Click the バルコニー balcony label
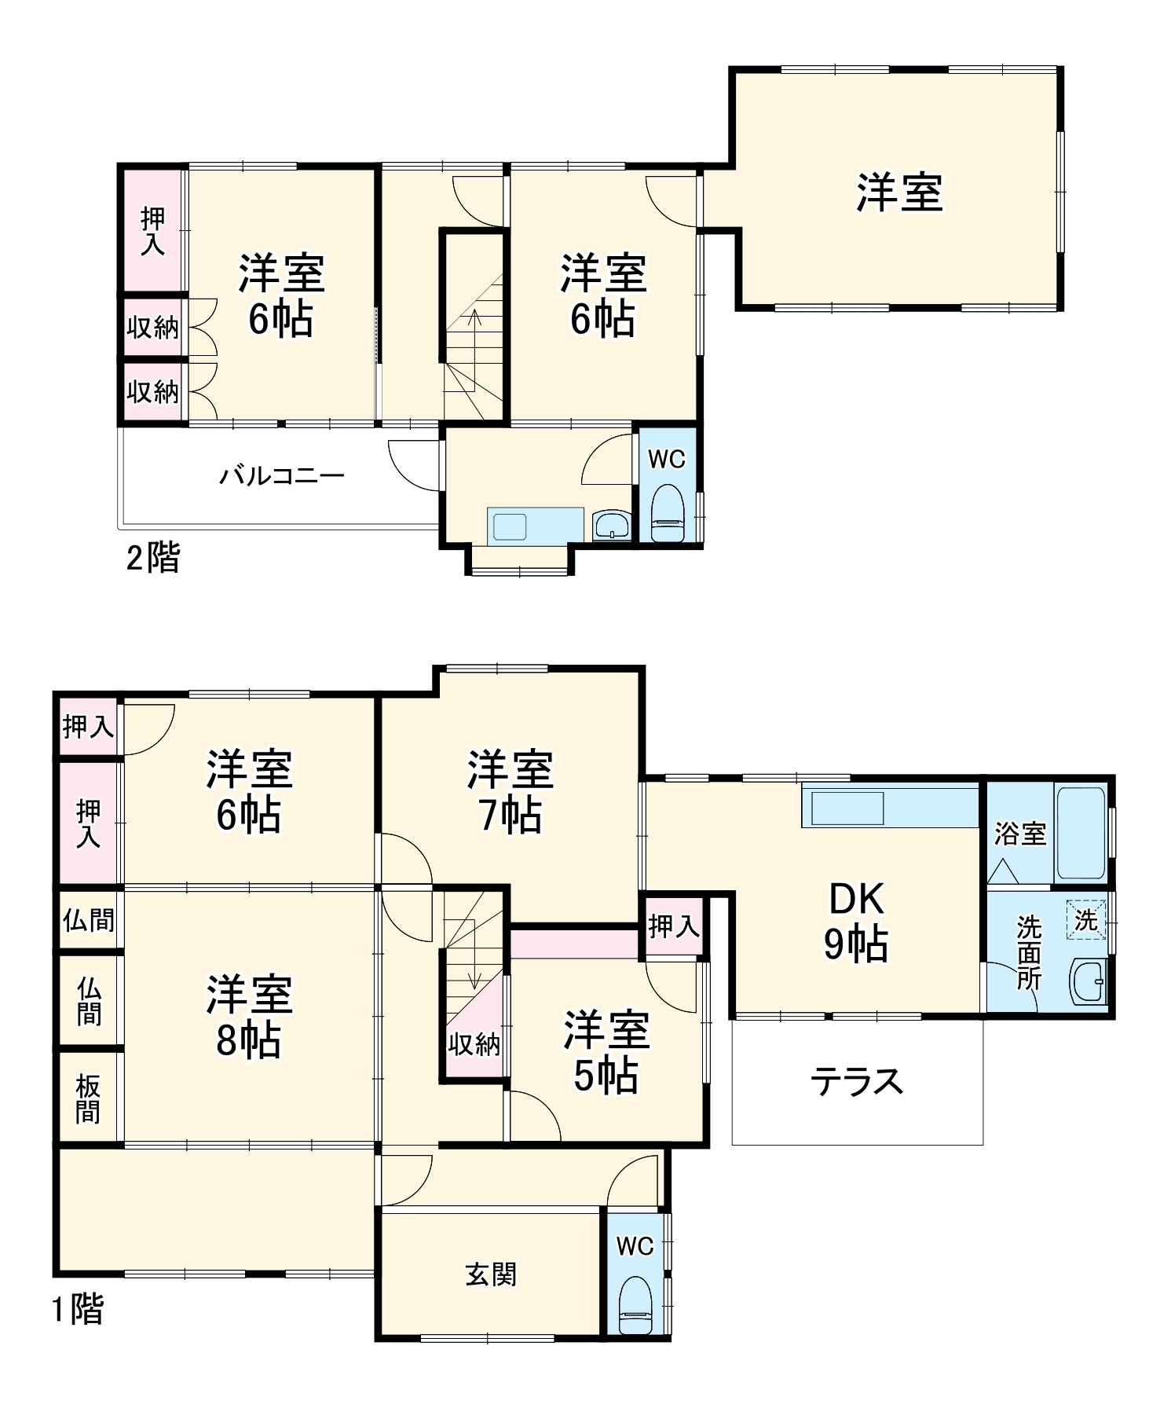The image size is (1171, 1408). pos(281,475)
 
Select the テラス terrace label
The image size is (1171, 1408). pos(857,1082)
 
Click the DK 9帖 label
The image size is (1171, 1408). pos(855,921)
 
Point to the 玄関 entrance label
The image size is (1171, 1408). pos(491,1274)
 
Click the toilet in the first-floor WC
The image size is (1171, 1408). pos(635,1304)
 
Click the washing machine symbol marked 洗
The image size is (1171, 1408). pos(1085,919)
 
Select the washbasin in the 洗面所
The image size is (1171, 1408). pos(1089,981)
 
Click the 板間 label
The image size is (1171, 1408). pos(88,1099)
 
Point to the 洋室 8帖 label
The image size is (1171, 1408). pos(249,1017)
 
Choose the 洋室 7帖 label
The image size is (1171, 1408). pos(510,791)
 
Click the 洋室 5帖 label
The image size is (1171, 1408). pos(606,1053)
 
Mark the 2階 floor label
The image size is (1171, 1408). pos(153,558)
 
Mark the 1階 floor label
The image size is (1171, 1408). pos(77,1310)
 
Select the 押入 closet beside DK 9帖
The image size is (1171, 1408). pos(673,926)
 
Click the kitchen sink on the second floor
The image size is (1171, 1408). pos(510,526)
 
